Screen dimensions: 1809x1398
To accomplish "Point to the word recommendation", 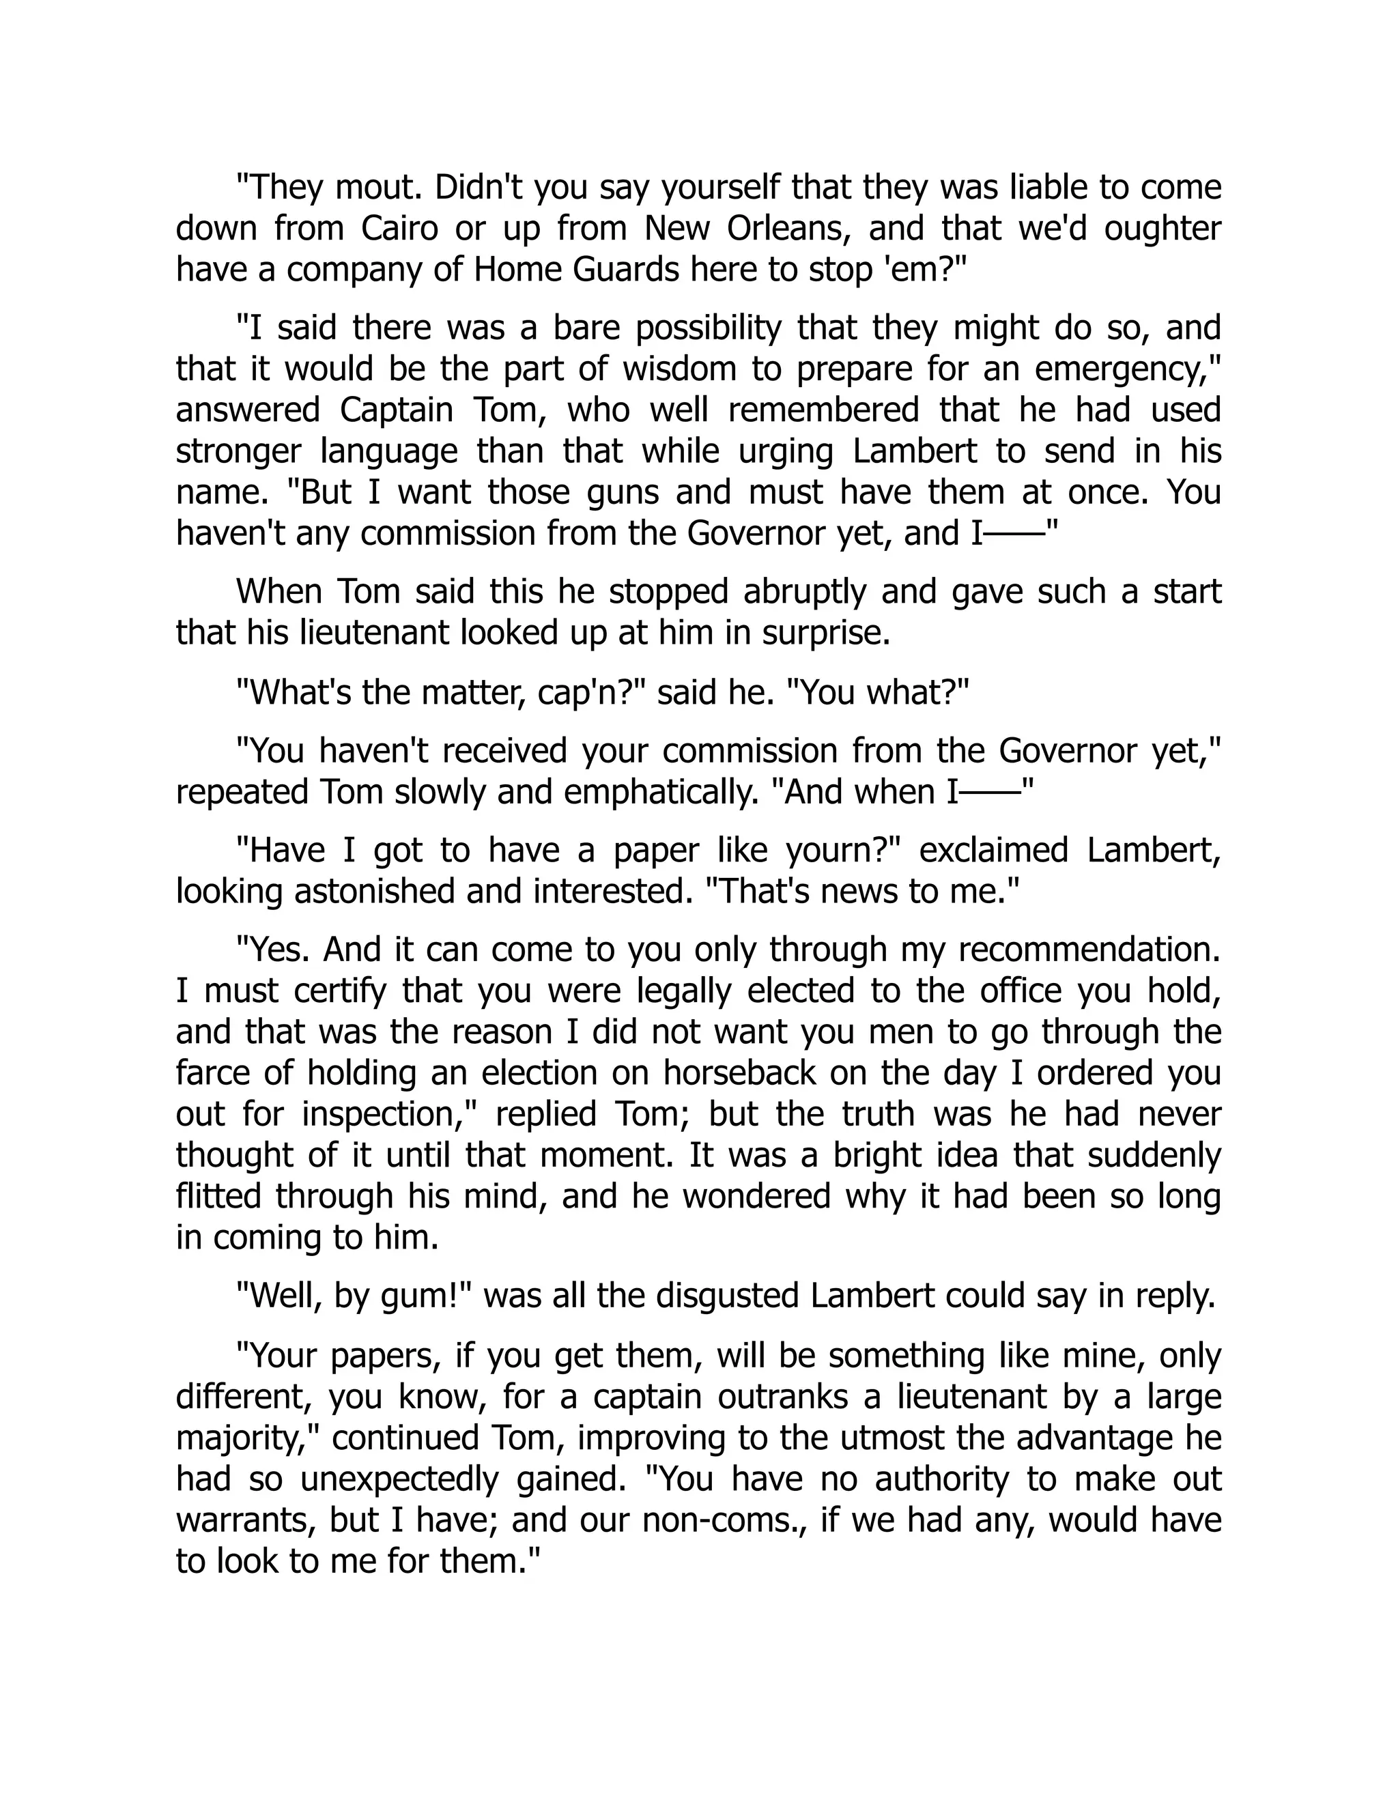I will pyautogui.click(x=1089, y=950).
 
